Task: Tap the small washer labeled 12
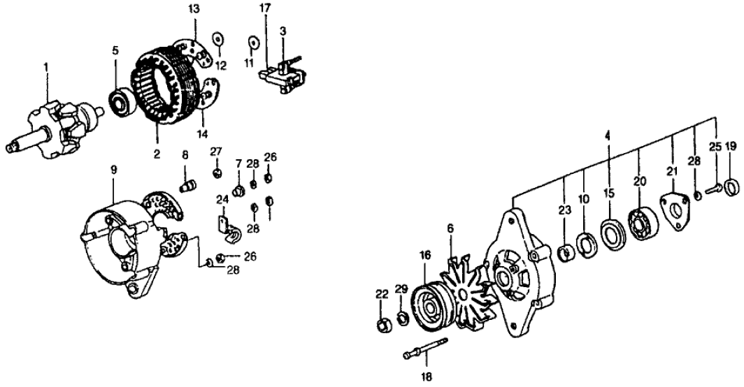click(x=217, y=36)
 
